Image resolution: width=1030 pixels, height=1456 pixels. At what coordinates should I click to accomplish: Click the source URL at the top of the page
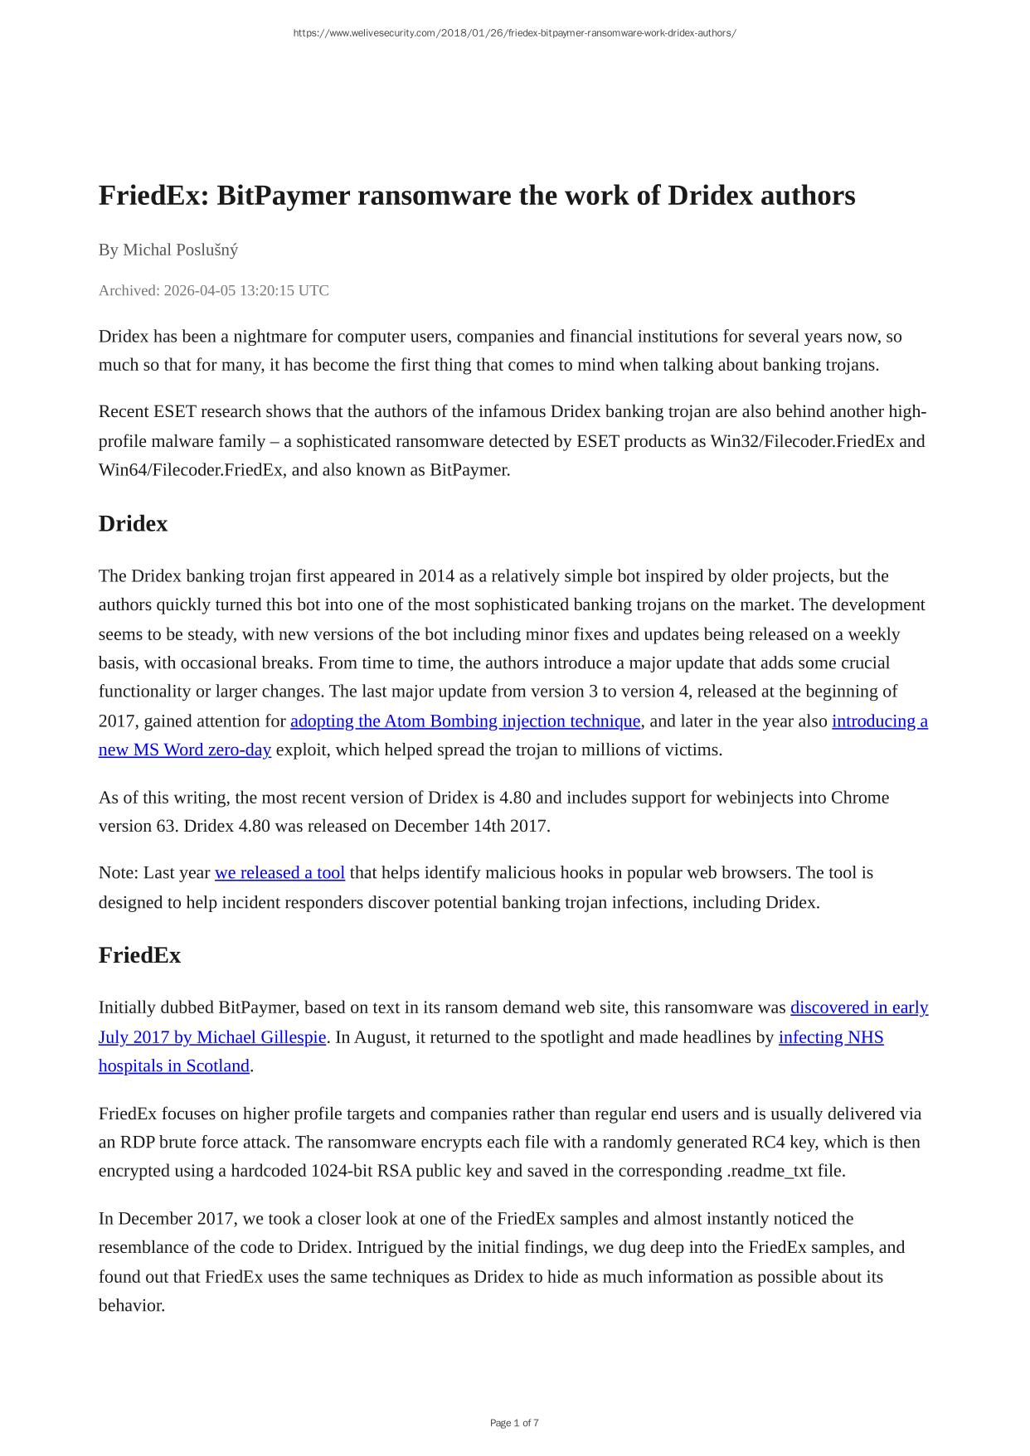[x=514, y=33]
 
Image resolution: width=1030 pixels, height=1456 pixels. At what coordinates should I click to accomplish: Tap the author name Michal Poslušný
[x=180, y=250]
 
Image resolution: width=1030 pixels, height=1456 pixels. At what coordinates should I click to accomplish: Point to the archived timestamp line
[x=213, y=290]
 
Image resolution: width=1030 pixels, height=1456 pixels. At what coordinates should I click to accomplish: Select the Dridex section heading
[x=133, y=524]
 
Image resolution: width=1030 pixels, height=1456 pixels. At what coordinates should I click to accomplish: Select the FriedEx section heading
[x=139, y=955]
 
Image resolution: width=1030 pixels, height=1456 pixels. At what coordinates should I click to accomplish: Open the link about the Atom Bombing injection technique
[x=465, y=721]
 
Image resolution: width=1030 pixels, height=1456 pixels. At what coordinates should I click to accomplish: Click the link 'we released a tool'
[x=279, y=873]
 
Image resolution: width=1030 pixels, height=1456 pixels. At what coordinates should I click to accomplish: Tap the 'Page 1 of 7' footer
[x=514, y=1423]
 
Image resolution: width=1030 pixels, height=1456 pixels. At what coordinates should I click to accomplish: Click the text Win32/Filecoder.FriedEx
[x=802, y=441]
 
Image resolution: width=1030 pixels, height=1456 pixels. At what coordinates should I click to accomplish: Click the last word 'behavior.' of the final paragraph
[x=132, y=1305]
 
